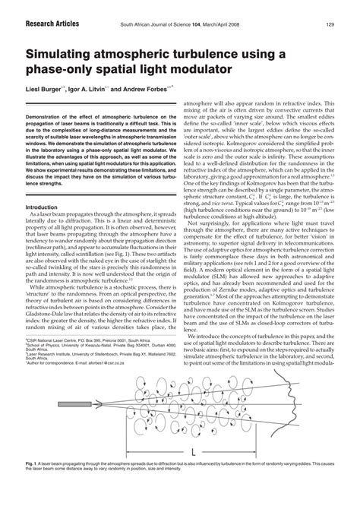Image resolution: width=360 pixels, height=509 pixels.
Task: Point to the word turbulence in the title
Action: (x=223, y=55)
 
